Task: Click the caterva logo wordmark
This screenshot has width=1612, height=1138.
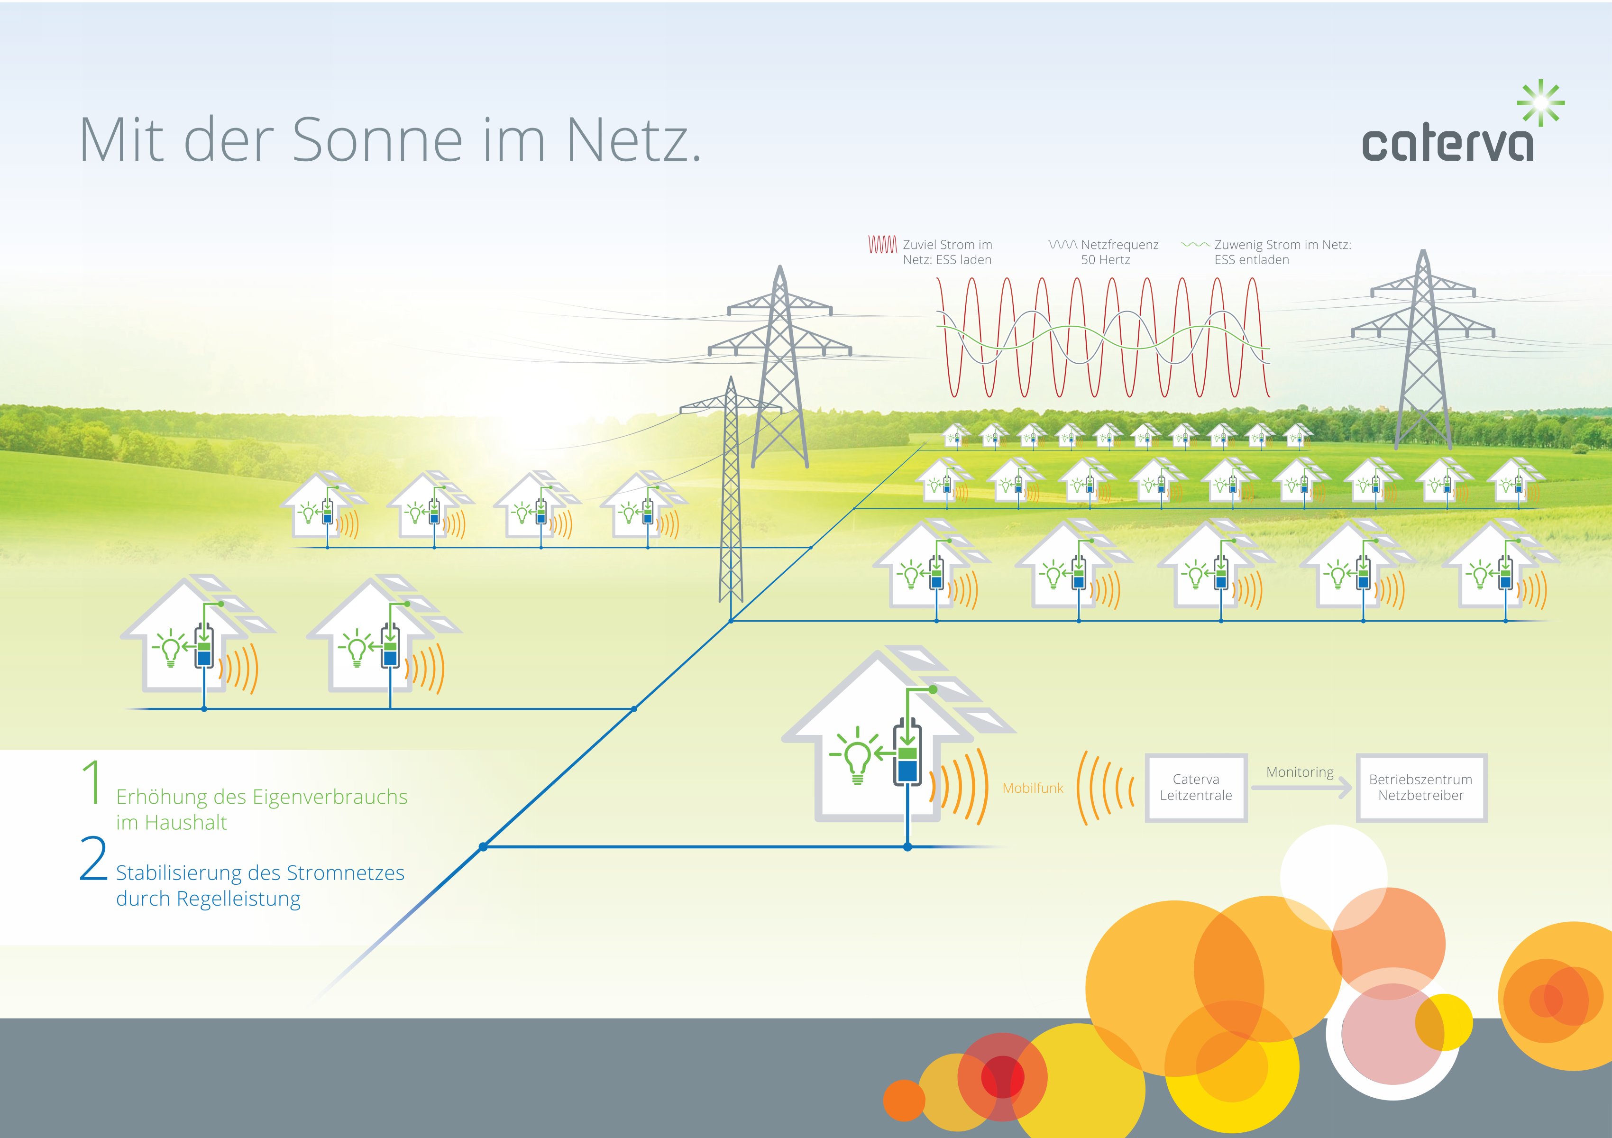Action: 1447,145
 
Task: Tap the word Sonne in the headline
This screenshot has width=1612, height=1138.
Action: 376,140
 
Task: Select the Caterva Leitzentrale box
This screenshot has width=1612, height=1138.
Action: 1196,787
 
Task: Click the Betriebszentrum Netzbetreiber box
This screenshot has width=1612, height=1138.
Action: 1420,787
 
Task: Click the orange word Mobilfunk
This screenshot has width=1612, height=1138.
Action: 1033,789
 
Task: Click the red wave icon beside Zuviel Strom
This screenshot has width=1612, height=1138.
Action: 882,244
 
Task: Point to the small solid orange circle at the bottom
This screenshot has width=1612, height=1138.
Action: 904,1100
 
